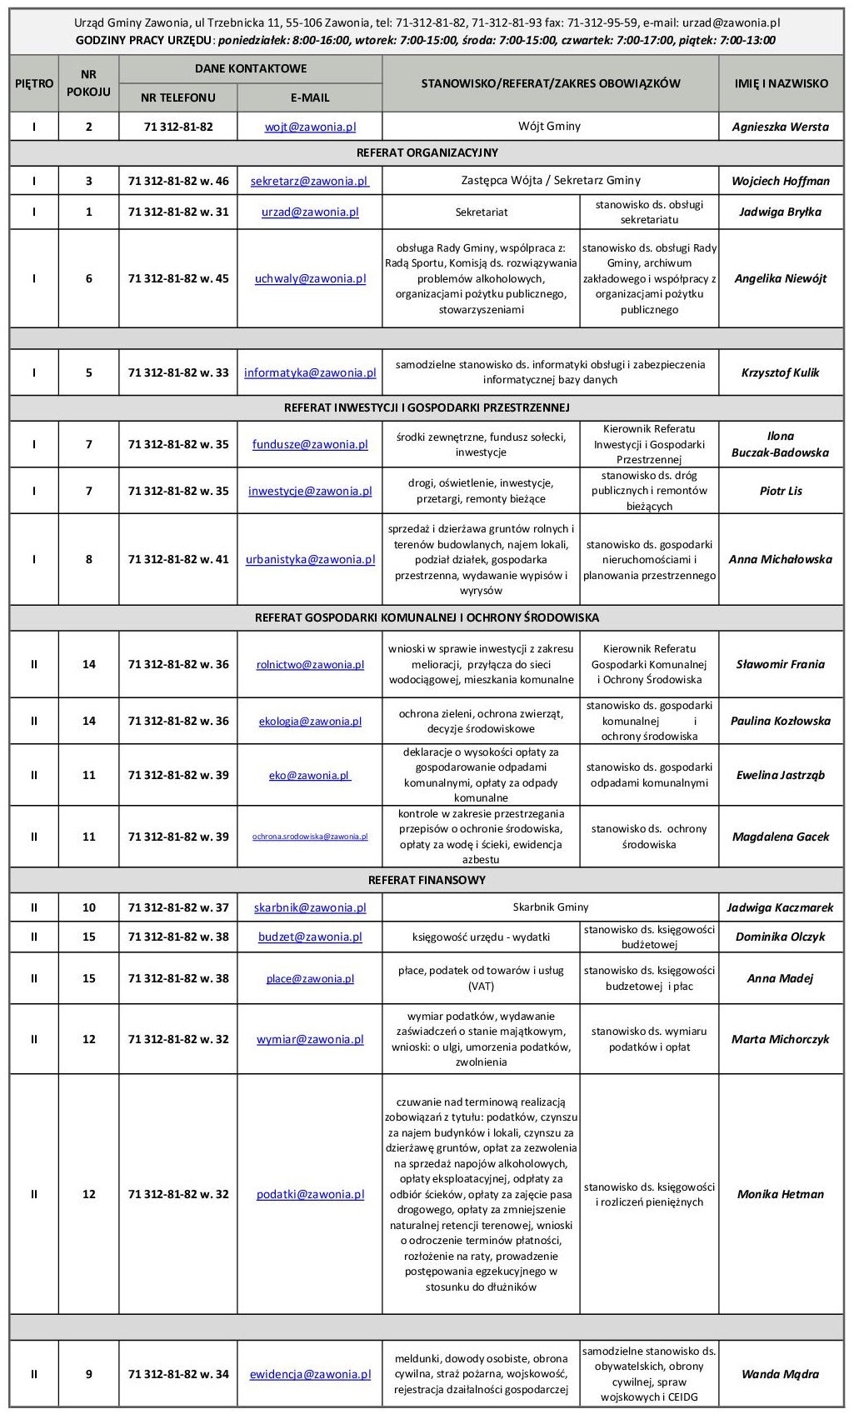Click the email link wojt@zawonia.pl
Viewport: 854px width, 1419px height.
[310, 127]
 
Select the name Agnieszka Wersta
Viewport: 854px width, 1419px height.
[780, 127]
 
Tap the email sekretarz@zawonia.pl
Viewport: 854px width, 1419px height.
[310, 181]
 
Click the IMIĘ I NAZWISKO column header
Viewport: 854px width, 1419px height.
[781, 83]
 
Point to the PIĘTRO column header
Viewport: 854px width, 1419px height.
[34, 83]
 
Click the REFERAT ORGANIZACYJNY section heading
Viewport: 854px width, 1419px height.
[427, 152]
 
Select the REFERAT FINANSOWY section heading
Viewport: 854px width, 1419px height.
[427, 880]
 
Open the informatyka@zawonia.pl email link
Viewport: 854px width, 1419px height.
[310, 372]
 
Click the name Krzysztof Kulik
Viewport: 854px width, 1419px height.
[780, 372]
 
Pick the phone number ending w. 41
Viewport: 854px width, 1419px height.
[178, 559]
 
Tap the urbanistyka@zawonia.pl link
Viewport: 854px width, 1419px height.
[310, 559]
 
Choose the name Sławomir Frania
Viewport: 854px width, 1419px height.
[780, 664]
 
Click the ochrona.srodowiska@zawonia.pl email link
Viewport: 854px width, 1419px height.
[310, 837]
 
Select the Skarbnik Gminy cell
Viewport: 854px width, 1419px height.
[550, 907]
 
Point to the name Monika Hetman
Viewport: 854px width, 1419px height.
[780, 1194]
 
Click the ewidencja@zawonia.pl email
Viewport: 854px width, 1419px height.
[310, 1374]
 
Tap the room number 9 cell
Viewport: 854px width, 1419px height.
[88, 1374]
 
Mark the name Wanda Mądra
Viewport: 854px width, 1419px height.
[780, 1374]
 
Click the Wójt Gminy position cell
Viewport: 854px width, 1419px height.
[550, 127]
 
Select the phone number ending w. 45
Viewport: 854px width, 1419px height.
[178, 278]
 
